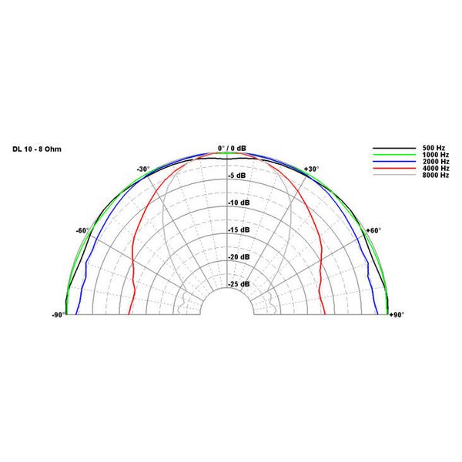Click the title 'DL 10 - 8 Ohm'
[x=37, y=149]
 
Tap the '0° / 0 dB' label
[x=232, y=148]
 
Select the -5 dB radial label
[x=237, y=176]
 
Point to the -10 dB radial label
[x=239, y=203]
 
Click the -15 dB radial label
[x=239, y=229]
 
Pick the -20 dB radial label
[x=239, y=257]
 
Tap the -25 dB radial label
[x=239, y=284]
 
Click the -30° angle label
[x=143, y=169]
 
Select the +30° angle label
[x=311, y=169]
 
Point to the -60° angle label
[x=82, y=230]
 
